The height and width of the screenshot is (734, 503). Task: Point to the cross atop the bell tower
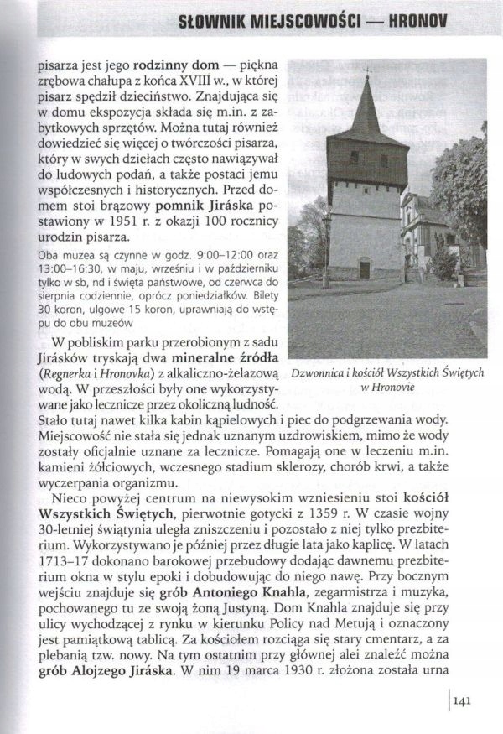366,70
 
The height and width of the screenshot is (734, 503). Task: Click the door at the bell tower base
364,269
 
